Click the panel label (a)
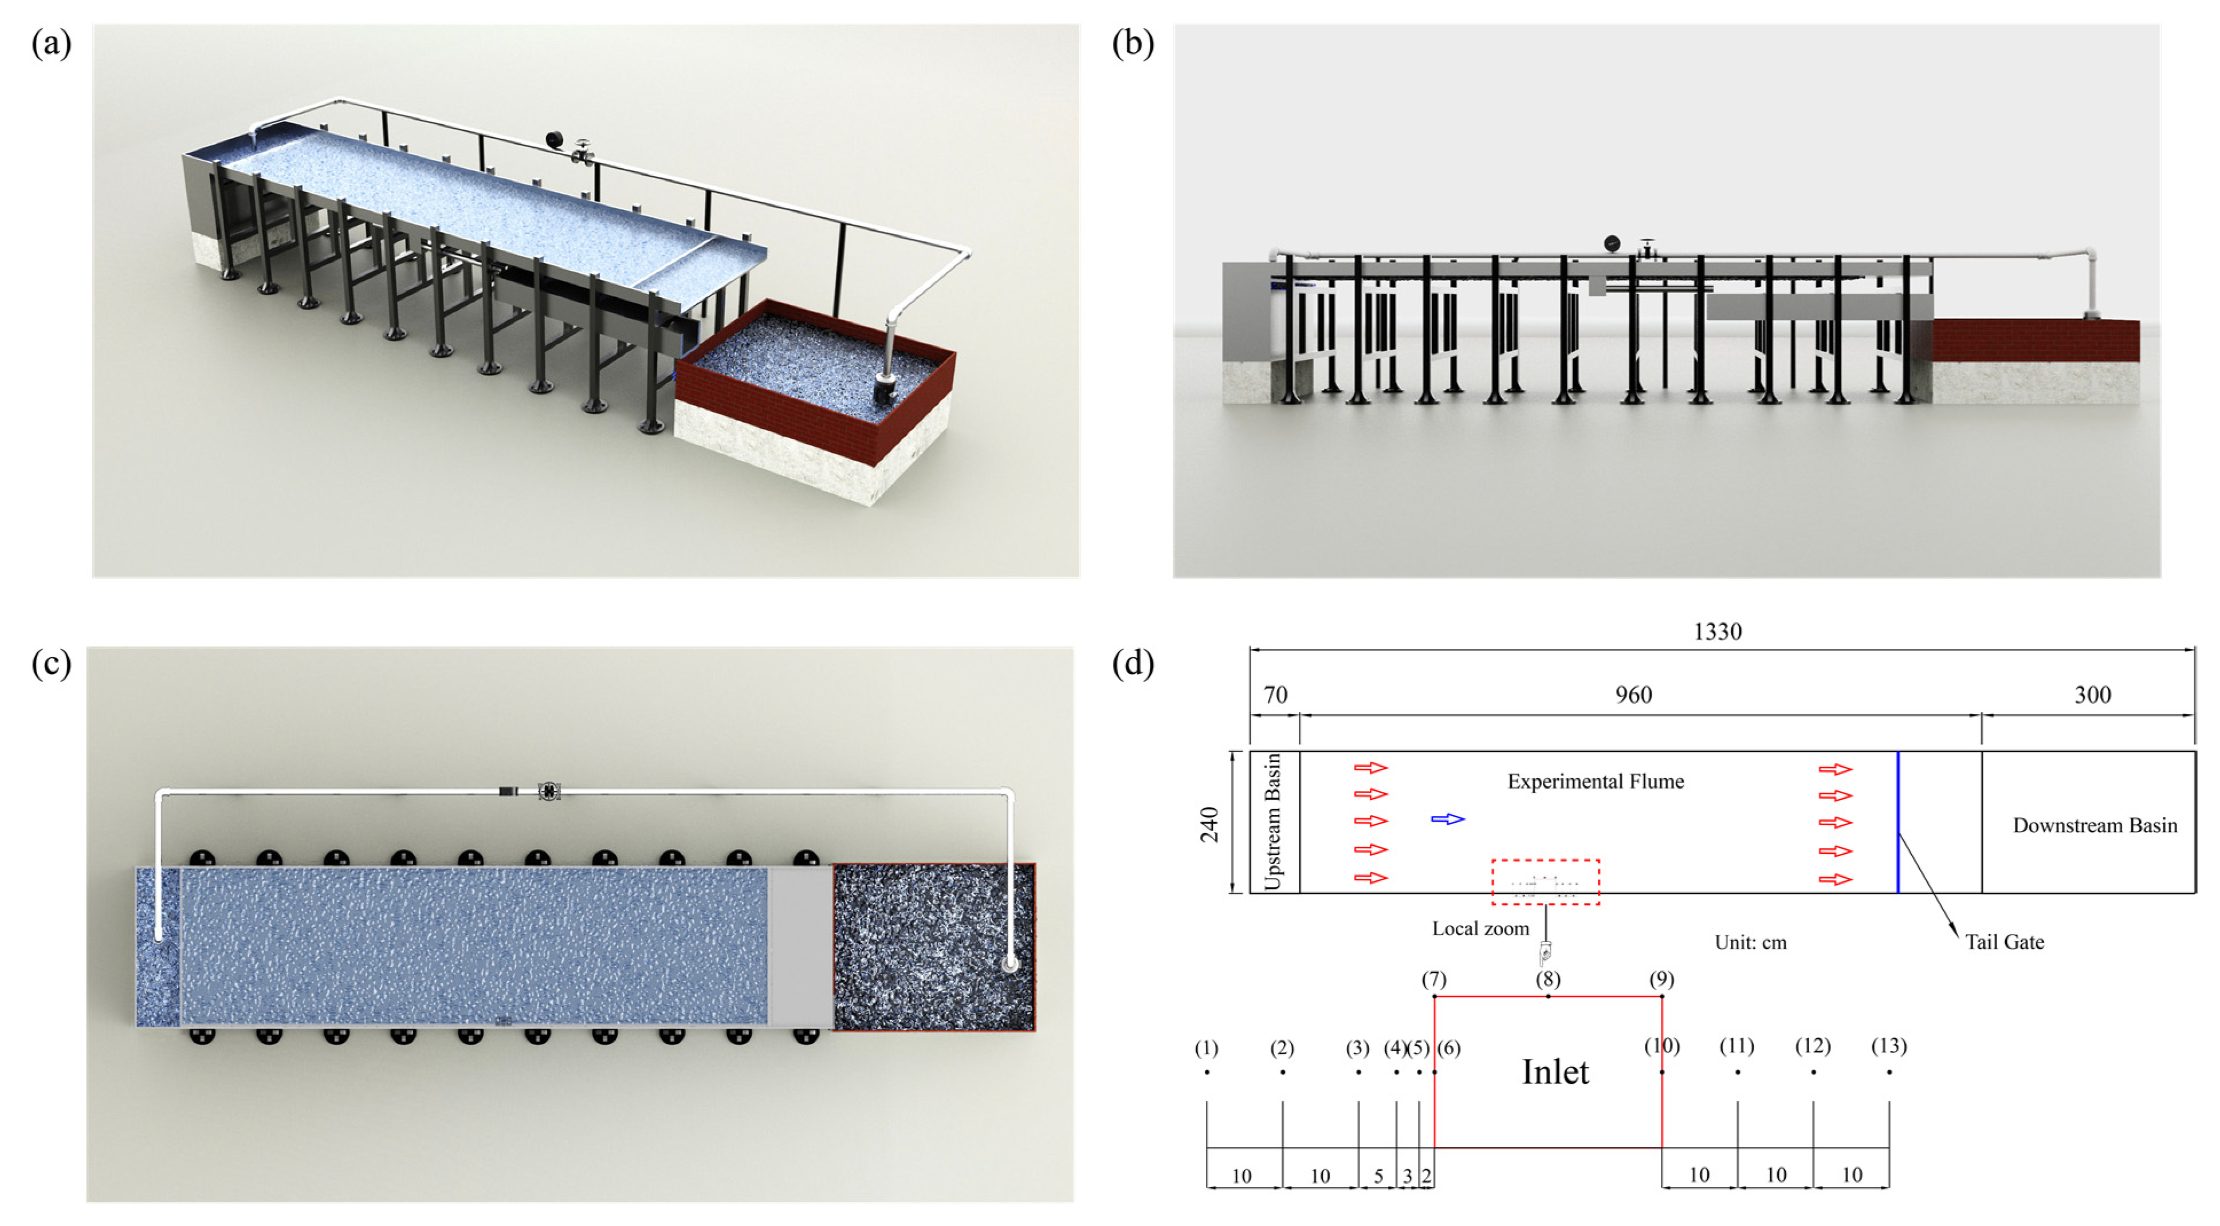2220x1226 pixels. [51, 43]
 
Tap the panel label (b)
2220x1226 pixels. [1133, 43]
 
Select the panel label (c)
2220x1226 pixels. [51, 664]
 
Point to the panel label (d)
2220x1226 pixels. [1133, 664]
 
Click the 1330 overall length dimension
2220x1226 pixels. [1718, 632]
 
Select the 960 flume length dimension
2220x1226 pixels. [1633, 695]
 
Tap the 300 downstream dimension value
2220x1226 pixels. [2092, 695]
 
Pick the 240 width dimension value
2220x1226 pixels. [1210, 825]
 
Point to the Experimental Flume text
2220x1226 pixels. [1595, 782]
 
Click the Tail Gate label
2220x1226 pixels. [2005, 941]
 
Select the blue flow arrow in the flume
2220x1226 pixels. [1448, 818]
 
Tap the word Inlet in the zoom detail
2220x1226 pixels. [1555, 1072]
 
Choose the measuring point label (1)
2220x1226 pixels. [1207, 1048]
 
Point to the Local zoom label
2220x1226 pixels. [1480, 928]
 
